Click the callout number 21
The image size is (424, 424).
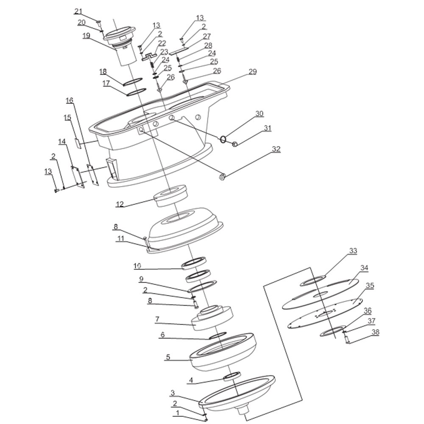78,11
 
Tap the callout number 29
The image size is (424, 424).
252,72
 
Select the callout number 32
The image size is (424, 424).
276,149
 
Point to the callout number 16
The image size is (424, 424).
70,100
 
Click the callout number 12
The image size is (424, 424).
120,204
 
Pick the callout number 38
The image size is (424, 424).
375,332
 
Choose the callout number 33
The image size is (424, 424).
353,251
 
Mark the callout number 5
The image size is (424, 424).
168,357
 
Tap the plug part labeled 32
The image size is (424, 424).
222,177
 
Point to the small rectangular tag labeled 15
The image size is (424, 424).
78,143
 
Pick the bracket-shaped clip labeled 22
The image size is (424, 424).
149,57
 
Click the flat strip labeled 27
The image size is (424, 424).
179,50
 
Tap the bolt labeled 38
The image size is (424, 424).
348,339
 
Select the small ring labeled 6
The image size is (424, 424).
218,335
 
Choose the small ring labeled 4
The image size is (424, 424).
232,376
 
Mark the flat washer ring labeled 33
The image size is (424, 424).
313,281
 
